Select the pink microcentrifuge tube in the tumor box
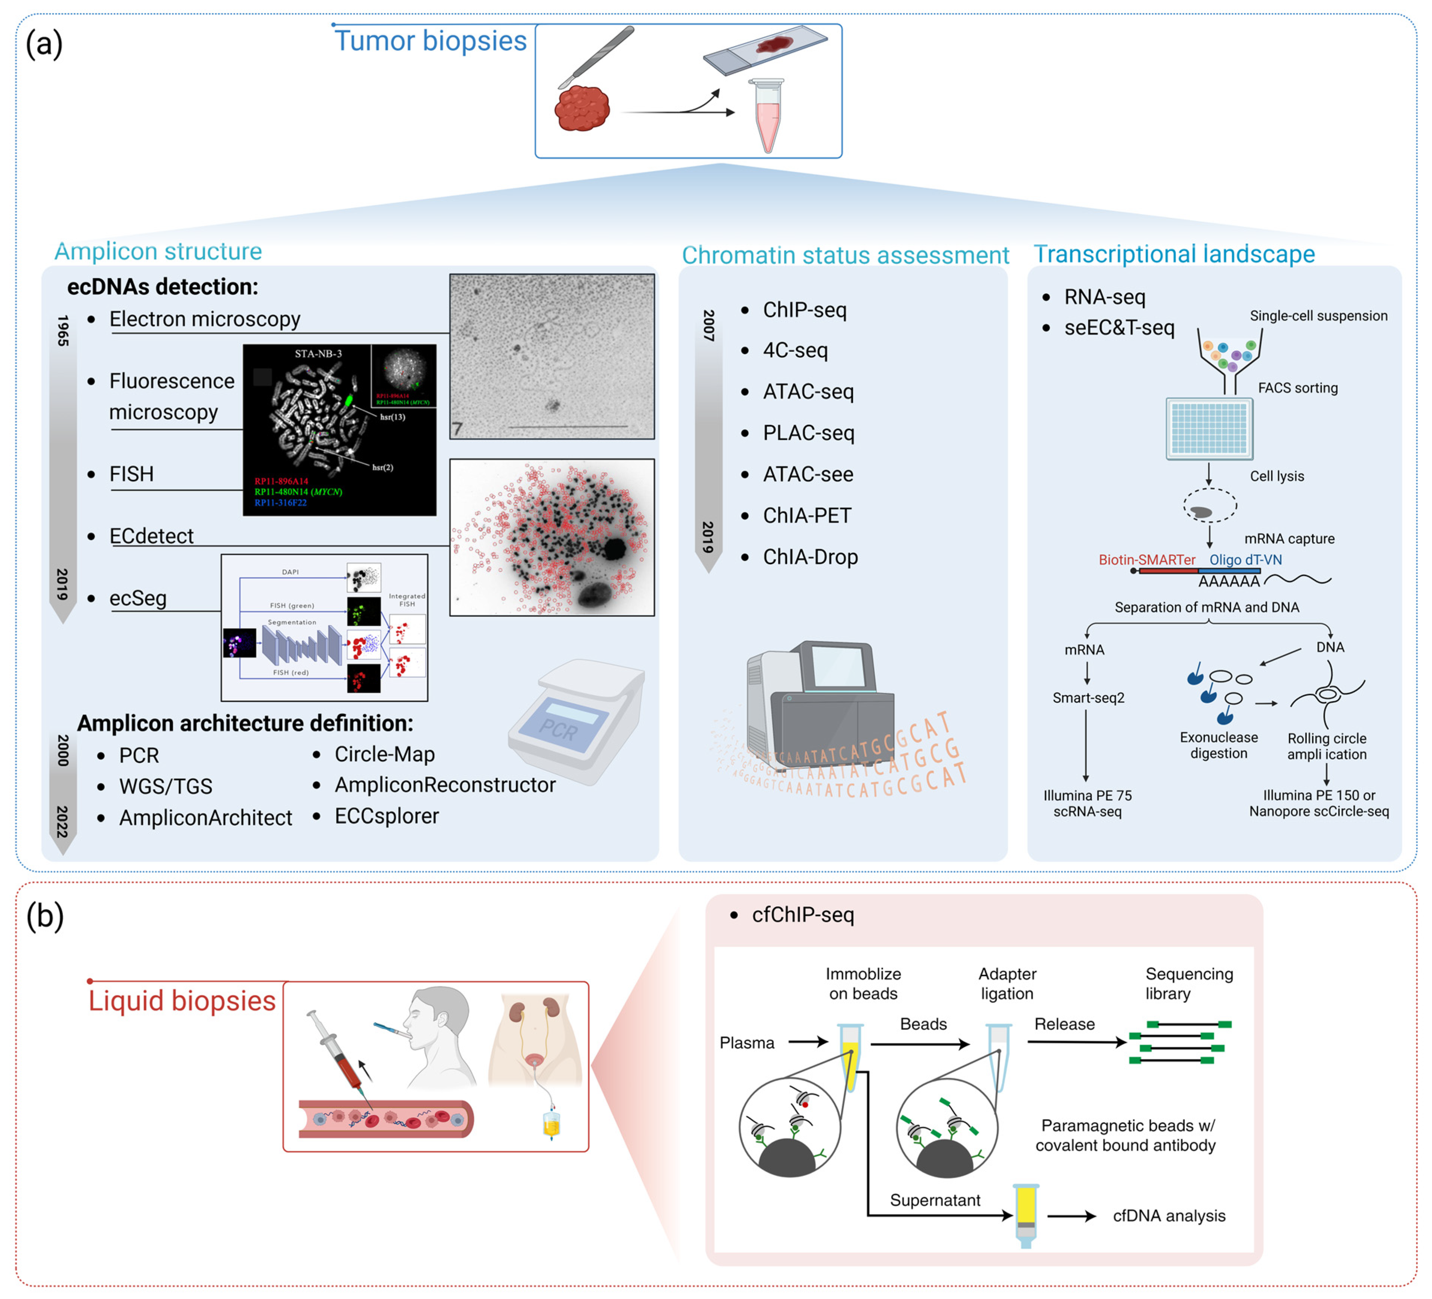click(x=767, y=117)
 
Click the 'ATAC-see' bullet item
click(x=808, y=474)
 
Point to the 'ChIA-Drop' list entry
click(x=810, y=557)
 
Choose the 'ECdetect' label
click(x=151, y=536)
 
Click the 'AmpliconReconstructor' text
click(x=445, y=785)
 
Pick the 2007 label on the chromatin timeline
click(x=708, y=325)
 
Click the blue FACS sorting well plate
click(x=1209, y=428)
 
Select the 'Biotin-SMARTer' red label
click(x=1146, y=560)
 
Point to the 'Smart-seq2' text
click(x=1088, y=697)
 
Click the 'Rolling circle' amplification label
click(x=1326, y=739)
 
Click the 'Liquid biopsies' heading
click(x=182, y=1001)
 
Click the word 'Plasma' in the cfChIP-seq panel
click(x=747, y=1043)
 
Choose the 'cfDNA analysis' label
click(x=1168, y=1216)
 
